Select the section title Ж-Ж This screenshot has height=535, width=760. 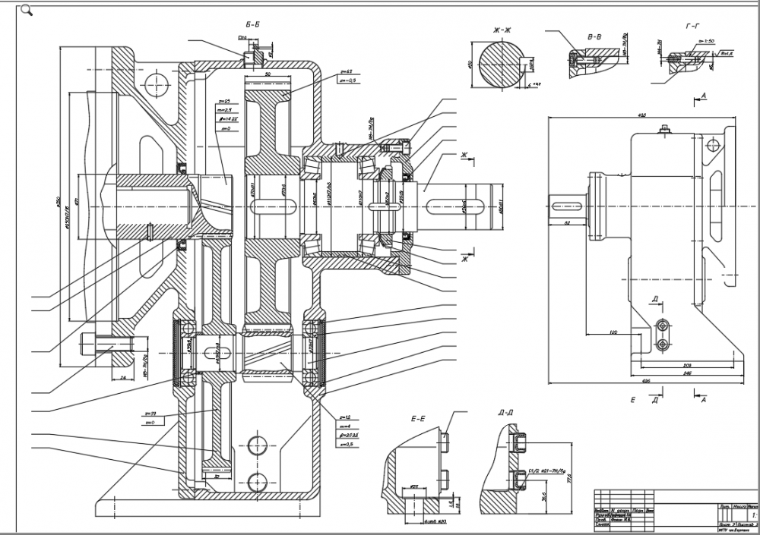(503, 30)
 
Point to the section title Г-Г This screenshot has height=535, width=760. (692, 27)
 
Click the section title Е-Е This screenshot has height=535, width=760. (418, 418)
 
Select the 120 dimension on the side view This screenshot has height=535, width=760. (613, 332)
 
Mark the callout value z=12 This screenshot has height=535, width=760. (344, 418)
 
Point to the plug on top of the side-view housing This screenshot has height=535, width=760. (665, 129)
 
